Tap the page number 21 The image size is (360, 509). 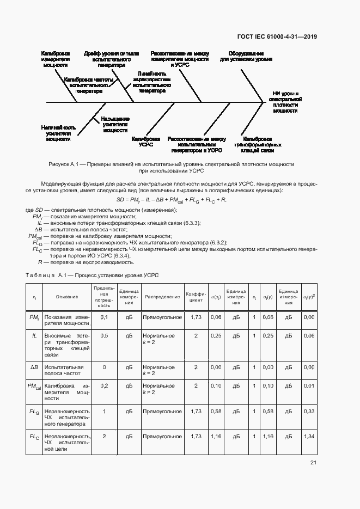click(x=313, y=463)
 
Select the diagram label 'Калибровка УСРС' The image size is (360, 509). click(x=146, y=142)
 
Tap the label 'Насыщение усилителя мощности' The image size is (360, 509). click(x=115, y=125)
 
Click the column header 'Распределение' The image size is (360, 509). click(x=162, y=297)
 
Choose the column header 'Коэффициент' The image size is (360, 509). click(x=196, y=297)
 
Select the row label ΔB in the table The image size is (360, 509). click(x=34, y=367)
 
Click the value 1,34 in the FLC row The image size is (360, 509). click(x=309, y=437)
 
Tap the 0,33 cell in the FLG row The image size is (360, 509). click(x=309, y=412)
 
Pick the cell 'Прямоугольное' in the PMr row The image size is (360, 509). click(x=162, y=317)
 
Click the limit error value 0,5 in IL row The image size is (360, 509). click(x=104, y=336)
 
